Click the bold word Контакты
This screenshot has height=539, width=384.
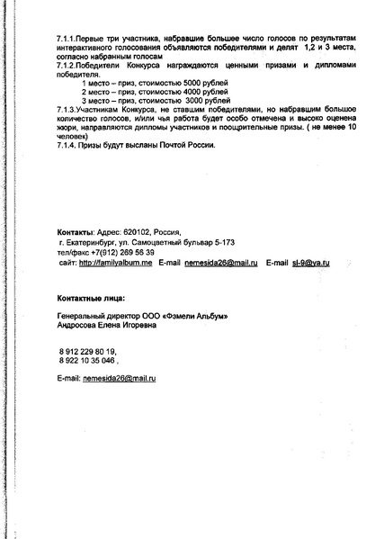coord(75,230)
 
